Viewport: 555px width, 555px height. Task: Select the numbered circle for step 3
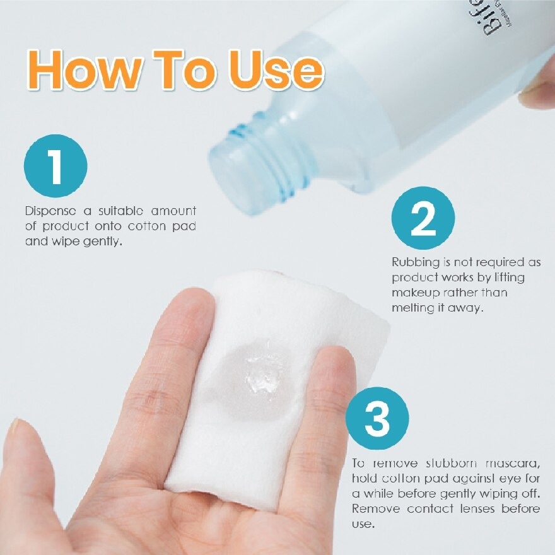(x=377, y=419)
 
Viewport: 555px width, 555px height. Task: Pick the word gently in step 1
(x=102, y=241)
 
